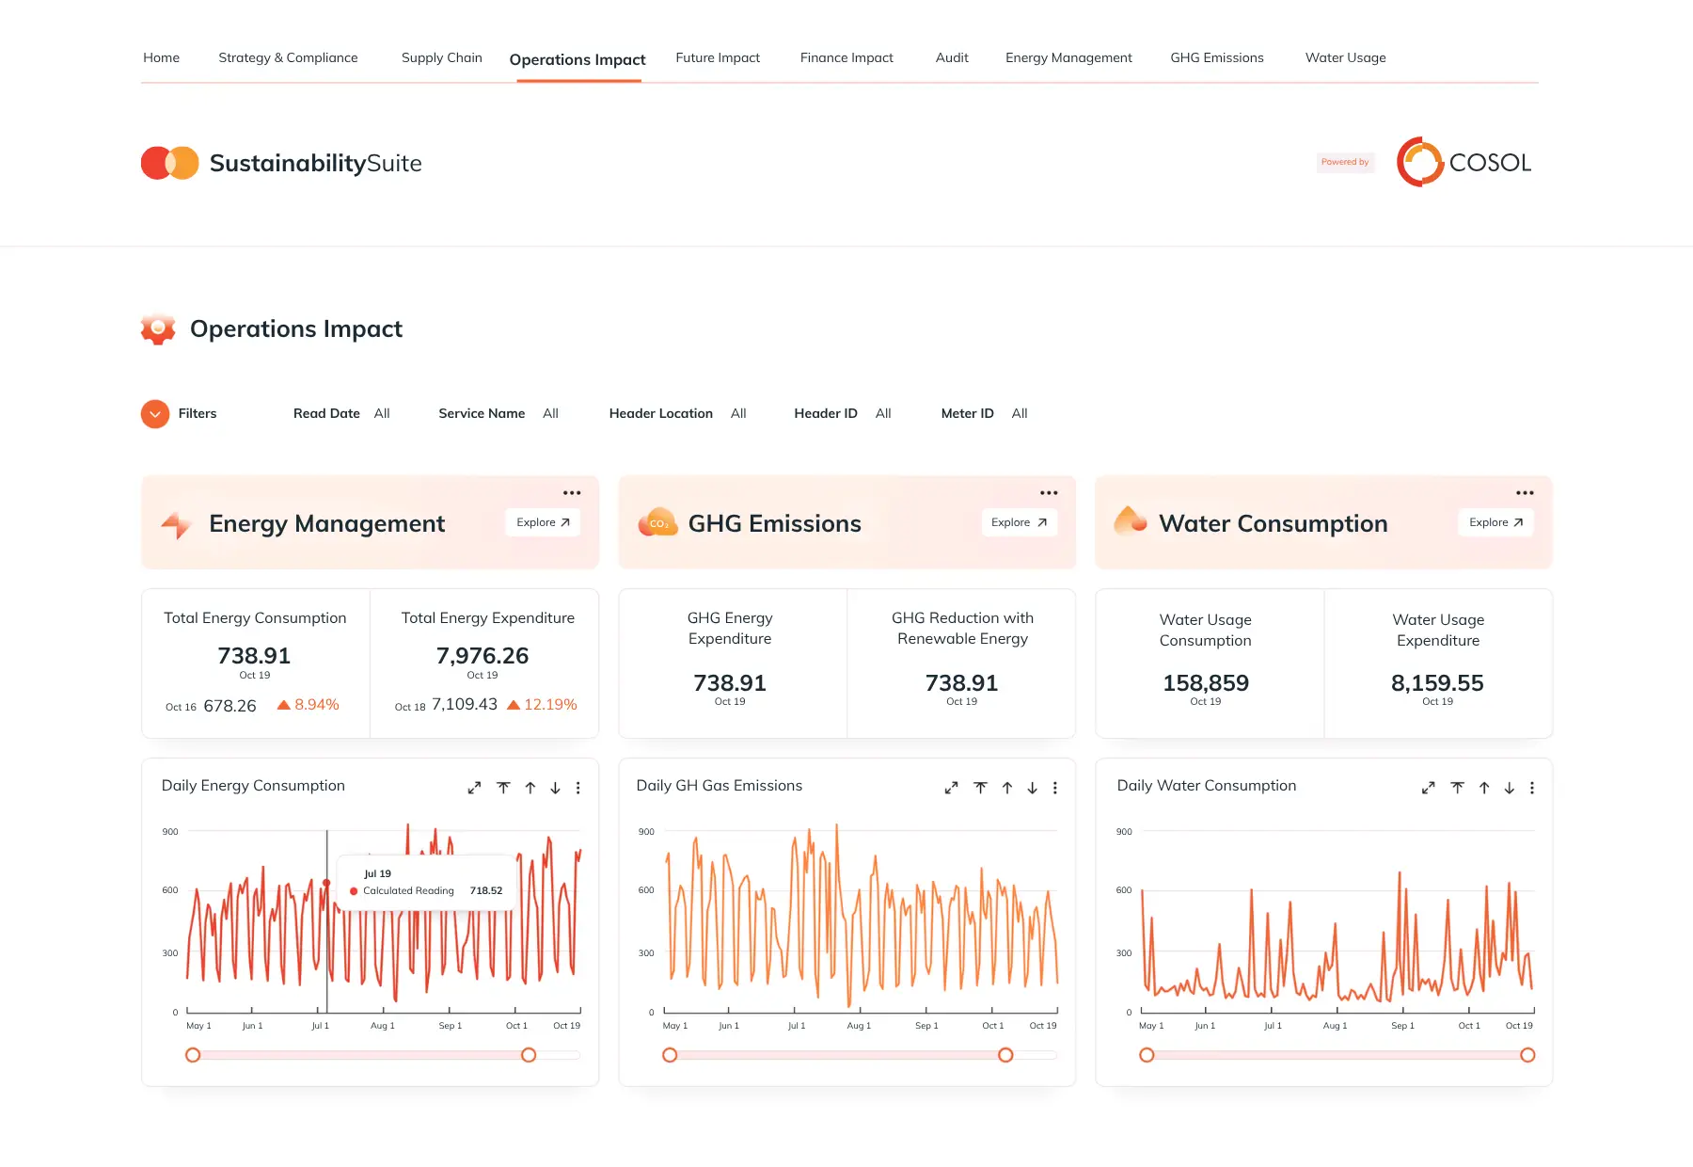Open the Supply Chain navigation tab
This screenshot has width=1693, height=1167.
[441, 57]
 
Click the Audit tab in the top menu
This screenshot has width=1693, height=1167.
[952, 57]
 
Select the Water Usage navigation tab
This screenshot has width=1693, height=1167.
[1345, 57]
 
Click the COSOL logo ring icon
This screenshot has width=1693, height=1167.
[1419, 162]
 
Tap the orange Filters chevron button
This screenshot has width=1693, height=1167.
[155, 413]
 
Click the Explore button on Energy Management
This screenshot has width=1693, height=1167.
[543, 522]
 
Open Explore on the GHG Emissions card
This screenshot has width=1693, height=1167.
[1020, 522]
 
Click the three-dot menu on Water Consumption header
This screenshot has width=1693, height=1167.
[1525, 492]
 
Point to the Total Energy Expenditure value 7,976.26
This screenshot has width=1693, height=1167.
[483, 655]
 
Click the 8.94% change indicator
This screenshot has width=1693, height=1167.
[308, 705]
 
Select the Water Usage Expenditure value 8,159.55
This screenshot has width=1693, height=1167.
[1437, 682]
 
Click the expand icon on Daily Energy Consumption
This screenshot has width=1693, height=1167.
[474, 788]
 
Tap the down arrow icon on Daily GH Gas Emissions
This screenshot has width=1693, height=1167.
[1032, 788]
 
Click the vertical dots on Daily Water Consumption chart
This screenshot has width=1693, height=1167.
[1532, 788]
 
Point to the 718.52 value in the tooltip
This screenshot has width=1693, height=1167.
[486, 890]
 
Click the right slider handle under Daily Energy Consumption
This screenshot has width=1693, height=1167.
[529, 1055]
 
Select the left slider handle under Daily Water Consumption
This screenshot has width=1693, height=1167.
[1147, 1055]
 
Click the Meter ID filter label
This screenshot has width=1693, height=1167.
[967, 413]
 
